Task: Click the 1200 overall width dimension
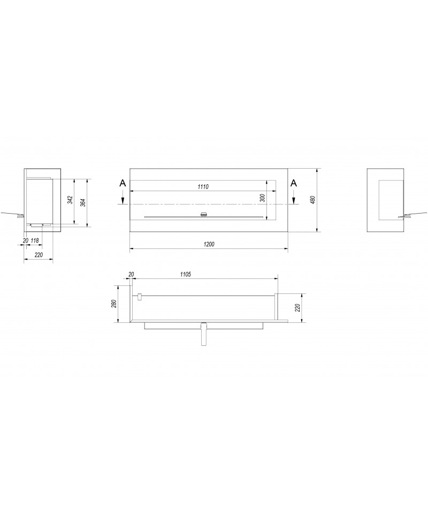point(209,244)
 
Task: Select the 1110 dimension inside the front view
point(203,187)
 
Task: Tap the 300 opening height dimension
point(262,198)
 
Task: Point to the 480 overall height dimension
point(313,200)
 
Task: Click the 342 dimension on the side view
point(70,200)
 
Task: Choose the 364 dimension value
point(83,202)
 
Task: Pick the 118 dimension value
point(35,240)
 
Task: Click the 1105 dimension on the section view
point(186,274)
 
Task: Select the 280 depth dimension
point(113,304)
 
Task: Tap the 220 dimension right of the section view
point(297,307)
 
